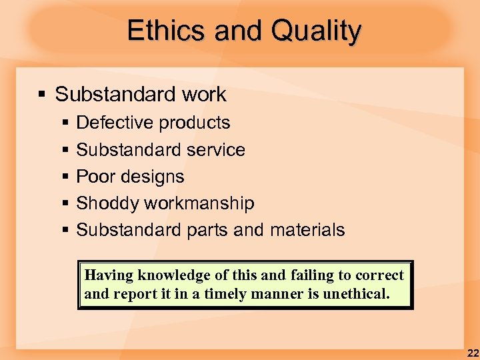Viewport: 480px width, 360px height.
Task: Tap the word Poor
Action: (94, 177)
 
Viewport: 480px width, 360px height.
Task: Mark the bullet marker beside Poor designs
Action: (65, 177)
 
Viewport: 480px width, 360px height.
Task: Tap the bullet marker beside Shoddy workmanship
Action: (65, 203)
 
